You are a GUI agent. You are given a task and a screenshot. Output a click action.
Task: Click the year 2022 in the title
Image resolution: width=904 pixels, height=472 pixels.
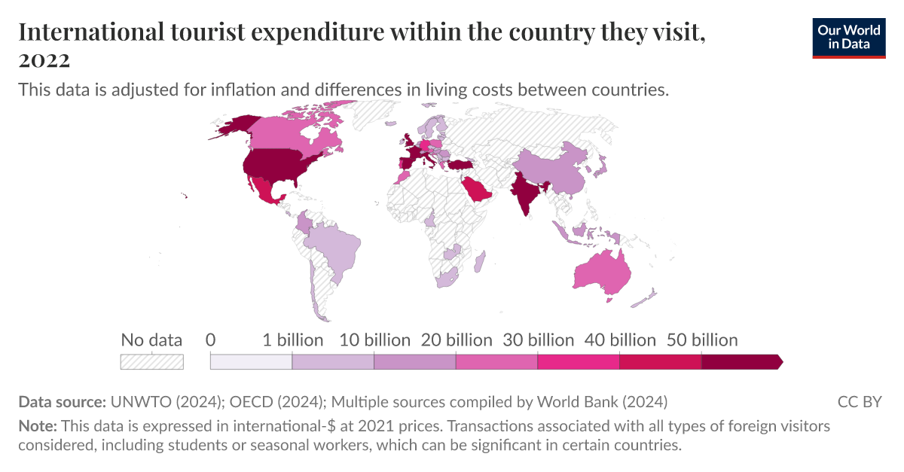click(44, 59)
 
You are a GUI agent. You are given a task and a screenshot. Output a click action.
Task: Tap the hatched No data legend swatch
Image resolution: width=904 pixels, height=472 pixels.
click(151, 362)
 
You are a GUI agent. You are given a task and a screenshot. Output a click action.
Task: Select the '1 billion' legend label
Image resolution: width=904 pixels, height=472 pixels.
click(292, 340)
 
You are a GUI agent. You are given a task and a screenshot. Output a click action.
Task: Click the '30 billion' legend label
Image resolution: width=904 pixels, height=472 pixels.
click(538, 340)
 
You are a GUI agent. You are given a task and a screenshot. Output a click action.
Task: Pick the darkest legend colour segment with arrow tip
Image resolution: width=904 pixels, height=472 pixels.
click(741, 362)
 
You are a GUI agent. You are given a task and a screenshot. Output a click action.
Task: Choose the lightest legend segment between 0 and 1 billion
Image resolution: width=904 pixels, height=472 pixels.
click(251, 362)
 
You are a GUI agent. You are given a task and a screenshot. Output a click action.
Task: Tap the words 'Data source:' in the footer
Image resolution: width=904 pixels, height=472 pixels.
click(62, 401)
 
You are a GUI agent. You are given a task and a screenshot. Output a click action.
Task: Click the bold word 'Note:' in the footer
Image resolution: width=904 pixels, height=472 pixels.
click(37, 426)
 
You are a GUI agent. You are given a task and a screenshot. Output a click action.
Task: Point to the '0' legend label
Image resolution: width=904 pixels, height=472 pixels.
click(210, 340)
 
